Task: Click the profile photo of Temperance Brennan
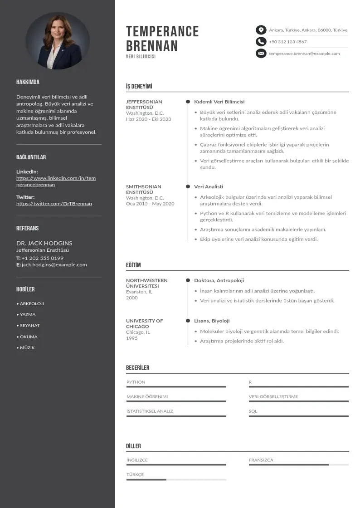57,40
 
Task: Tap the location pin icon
261,30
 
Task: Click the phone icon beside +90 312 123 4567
261,42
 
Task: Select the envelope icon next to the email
261,54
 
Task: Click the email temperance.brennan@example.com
304,54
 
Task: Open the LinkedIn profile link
56,181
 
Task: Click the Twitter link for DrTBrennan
54,204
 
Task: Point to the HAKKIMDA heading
28,82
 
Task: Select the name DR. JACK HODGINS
44,243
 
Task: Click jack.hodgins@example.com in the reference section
54,265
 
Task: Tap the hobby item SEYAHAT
29,326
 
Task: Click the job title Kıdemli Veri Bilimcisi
219,102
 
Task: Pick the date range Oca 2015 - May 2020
150,204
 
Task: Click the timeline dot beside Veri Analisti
188,186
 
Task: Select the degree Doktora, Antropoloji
219,281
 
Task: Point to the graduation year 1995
131,338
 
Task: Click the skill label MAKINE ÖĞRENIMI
147,397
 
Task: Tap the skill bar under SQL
298,416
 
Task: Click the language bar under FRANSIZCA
298,465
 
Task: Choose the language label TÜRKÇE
135,474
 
